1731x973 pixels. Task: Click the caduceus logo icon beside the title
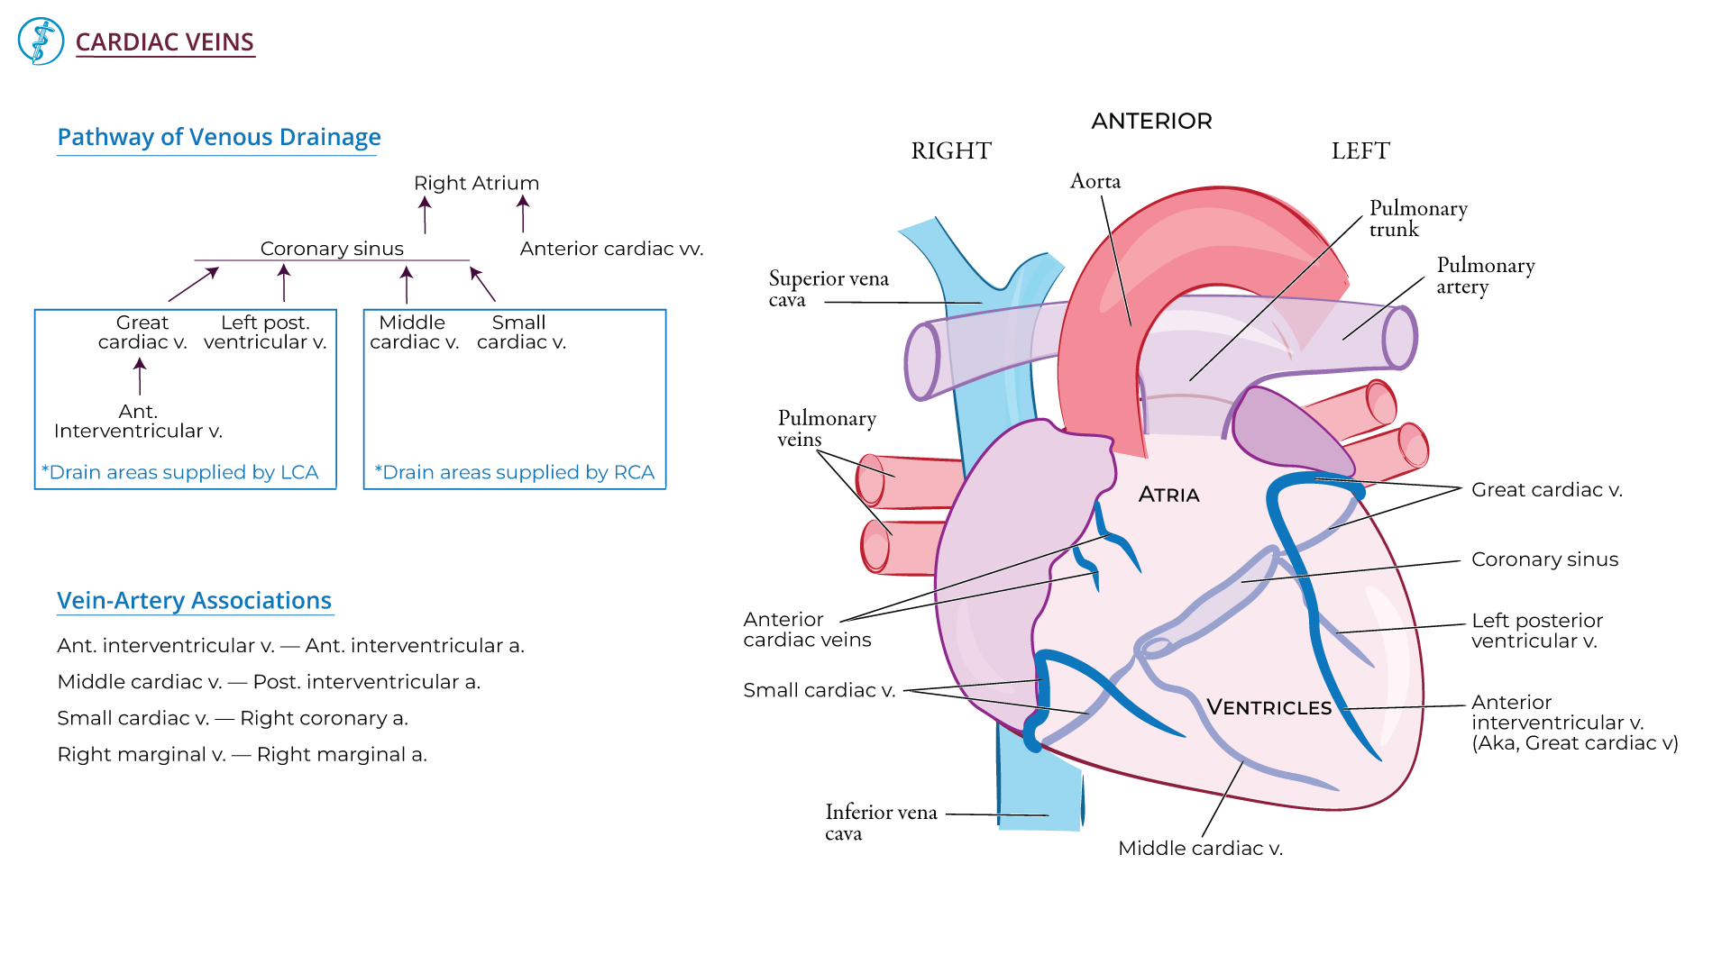click(41, 41)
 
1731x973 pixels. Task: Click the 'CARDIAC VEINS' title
click(164, 42)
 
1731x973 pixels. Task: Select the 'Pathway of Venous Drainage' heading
click(218, 137)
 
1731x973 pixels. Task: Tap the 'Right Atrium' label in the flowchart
click(476, 183)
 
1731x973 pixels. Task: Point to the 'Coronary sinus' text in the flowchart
click(332, 249)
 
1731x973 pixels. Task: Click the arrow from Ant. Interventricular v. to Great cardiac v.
click(140, 376)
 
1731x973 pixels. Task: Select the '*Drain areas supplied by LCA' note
click(180, 472)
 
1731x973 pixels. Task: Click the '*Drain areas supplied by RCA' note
click(514, 472)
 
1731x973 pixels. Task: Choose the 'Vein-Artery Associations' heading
click(194, 600)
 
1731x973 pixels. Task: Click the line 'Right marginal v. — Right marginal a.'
click(242, 754)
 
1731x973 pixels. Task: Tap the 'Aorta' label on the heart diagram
click(1095, 181)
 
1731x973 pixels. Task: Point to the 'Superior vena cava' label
click(828, 288)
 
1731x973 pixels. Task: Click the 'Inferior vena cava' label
click(880, 822)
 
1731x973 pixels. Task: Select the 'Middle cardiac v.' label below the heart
click(1200, 848)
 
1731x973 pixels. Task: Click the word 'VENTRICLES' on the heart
click(1268, 707)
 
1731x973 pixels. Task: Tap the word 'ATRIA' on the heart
click(1168, 495)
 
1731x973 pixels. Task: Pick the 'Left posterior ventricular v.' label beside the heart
click(1536, 631)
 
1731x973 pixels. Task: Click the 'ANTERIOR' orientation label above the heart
click(1151, 121)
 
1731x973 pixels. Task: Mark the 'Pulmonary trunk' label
click(1417, 218)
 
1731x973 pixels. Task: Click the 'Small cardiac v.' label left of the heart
click(819, 690)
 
